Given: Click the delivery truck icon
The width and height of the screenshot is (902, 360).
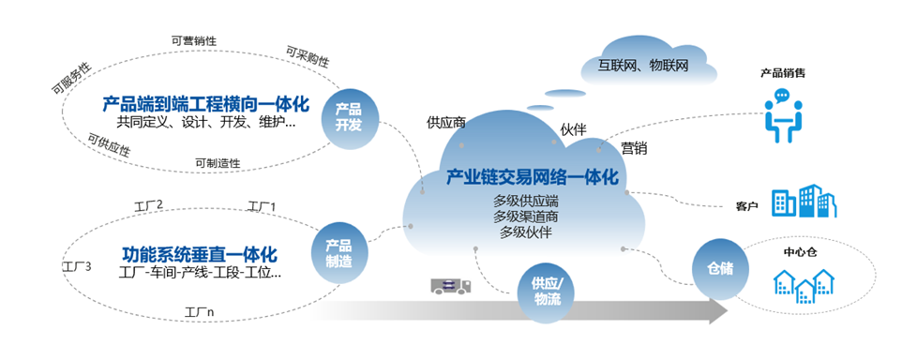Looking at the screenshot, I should point(453,287).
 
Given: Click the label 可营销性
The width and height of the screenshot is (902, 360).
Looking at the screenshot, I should point(194,40).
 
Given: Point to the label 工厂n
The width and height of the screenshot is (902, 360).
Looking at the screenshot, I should point(200,311).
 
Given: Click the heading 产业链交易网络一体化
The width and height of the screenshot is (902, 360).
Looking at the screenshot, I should point(532,178).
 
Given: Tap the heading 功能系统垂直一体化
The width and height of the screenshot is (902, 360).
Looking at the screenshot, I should point(200,253).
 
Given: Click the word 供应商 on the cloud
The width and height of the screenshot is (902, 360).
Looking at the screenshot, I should point(446,122).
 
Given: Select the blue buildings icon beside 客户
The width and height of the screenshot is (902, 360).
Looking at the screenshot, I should point(804,202).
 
